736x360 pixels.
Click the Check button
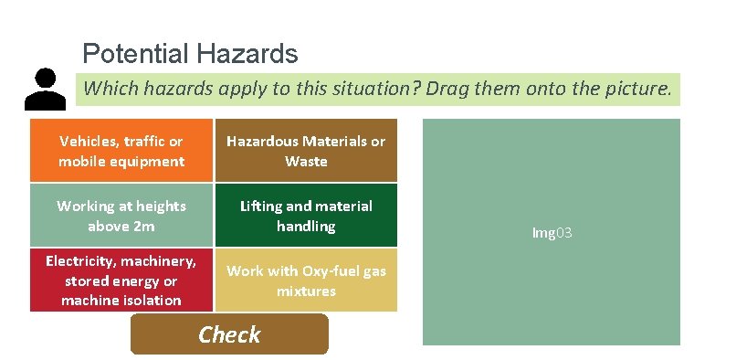coord(229,334)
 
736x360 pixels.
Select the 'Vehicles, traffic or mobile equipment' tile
coord(121,151)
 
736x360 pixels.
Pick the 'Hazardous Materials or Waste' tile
coord(306,151)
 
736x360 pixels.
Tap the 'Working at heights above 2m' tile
coord(121,216)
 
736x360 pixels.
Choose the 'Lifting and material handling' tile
coord(306,216)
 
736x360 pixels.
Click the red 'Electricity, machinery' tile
coord(121,281)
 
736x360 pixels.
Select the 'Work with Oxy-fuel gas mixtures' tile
coord(306,281)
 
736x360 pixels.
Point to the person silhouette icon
coord(40,89)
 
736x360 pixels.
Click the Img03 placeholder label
coord(552,233)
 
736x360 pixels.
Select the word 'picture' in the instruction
coord(635,90)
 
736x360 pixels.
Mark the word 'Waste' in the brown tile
coord(306,161)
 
